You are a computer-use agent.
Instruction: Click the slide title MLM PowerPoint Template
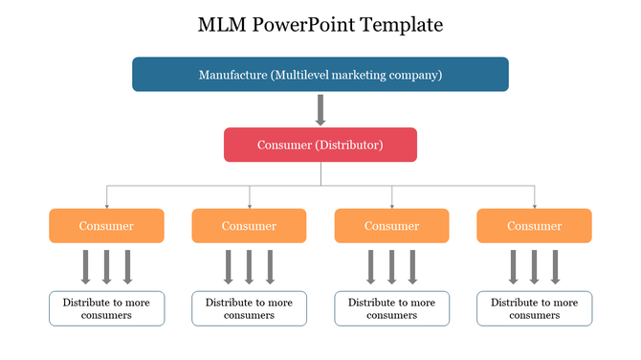click(x=320, y=25)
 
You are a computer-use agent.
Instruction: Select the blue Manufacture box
click(x=320, y=75)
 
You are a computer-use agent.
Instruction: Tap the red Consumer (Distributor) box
click(x=320, y=145)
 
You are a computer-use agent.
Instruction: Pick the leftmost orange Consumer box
click(x=106, y=226)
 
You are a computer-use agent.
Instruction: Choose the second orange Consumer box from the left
click(x=249, y=226)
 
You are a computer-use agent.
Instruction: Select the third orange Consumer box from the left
click(x=391, y=226)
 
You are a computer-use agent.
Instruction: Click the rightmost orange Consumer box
click(x=534, y=226)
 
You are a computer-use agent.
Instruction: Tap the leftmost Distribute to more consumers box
click(x=106, y=308)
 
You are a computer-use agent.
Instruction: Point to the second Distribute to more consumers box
click(x=249, y=308)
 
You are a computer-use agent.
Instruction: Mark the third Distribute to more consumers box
click(x=391, y=308)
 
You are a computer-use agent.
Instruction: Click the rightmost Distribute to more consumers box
click(x=534, y=308)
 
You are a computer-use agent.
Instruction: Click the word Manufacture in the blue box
click(x=232, y=75)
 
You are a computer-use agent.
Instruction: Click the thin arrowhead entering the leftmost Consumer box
click(x=106, y=205)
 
